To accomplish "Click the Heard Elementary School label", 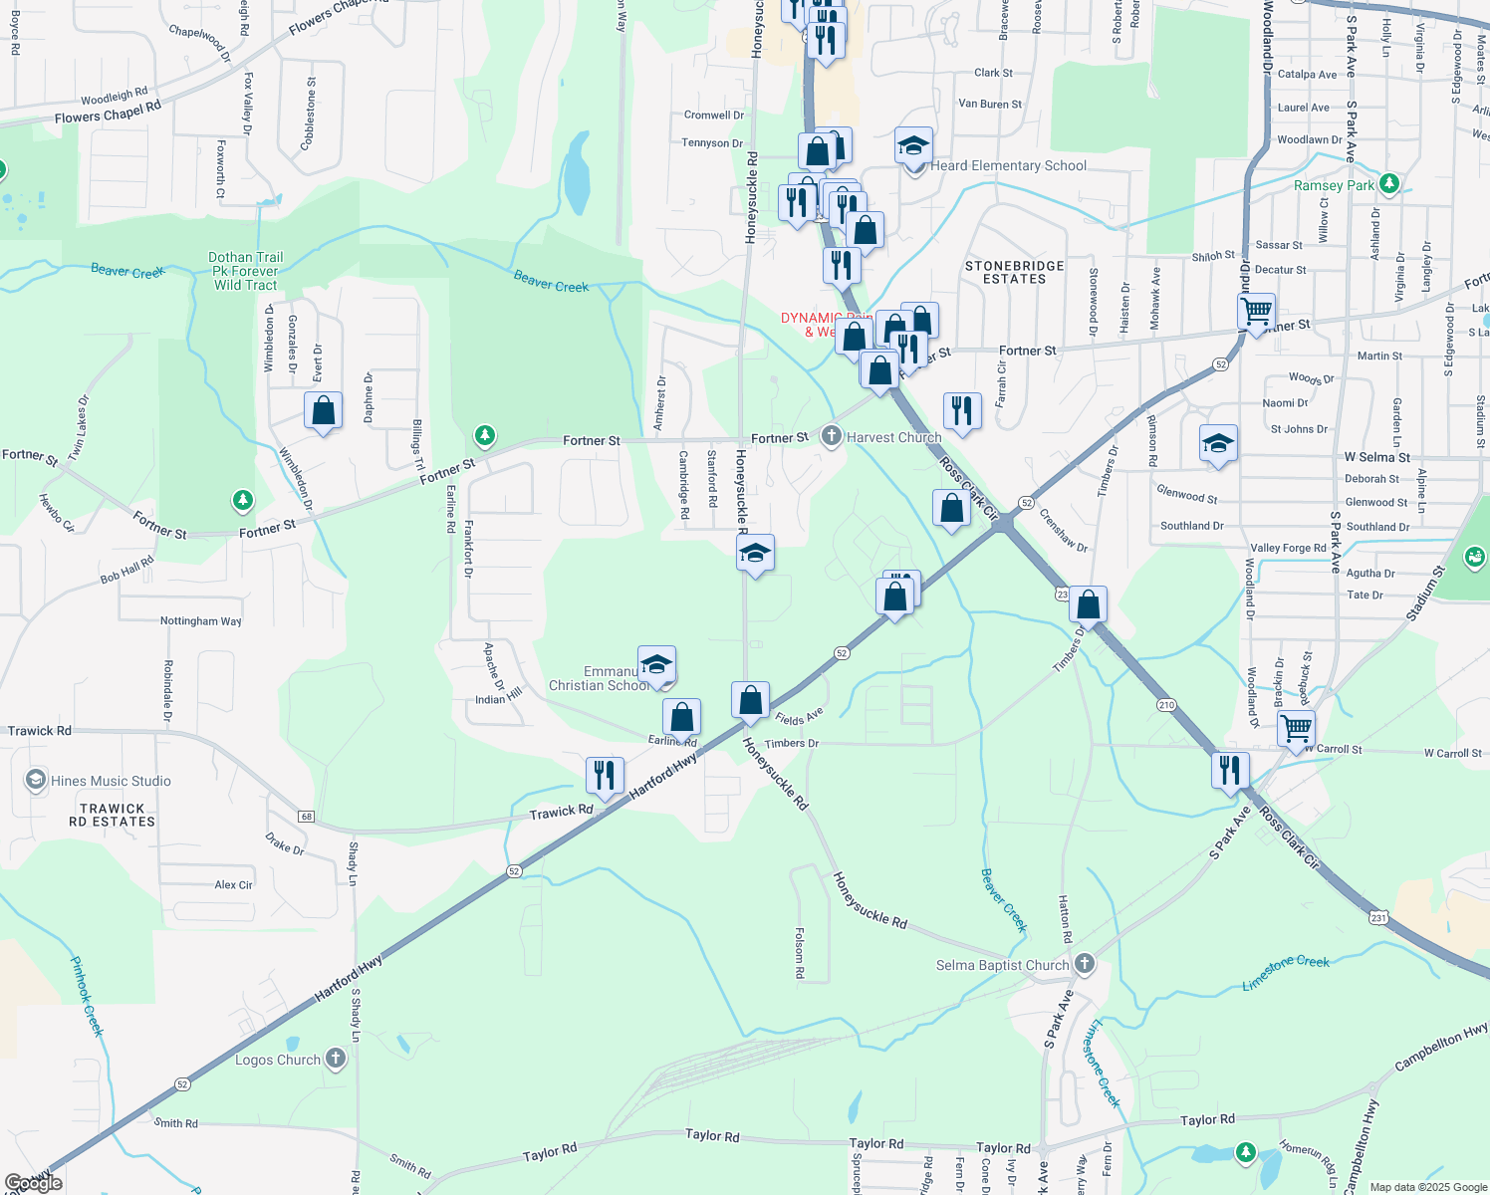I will [1008, 165].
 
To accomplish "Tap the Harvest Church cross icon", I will [832, 436].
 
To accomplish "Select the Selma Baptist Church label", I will [1002, 965].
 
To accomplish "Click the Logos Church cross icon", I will [336, 1059].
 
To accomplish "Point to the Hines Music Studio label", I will [111, 781].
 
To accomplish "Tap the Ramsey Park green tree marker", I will [1389, 184].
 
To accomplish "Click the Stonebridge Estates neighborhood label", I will [1014, 272].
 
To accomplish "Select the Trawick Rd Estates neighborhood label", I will [112, 816].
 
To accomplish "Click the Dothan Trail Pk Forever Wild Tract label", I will [245, 271].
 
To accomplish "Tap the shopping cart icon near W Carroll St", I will [1296, 728].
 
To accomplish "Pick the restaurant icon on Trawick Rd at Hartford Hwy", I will [605, 774].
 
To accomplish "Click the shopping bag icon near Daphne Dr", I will [324, 410].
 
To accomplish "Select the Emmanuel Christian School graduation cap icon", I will [656, 664].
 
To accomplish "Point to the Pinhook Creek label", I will [87, 996].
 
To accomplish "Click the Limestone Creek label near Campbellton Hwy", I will [1286, 972].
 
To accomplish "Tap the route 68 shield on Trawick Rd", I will [306, 817].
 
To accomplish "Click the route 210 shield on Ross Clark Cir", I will [1166, 705].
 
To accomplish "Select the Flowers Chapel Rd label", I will [108, 113].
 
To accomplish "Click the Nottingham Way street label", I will [201, 620].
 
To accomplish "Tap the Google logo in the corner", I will [34, 1183].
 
